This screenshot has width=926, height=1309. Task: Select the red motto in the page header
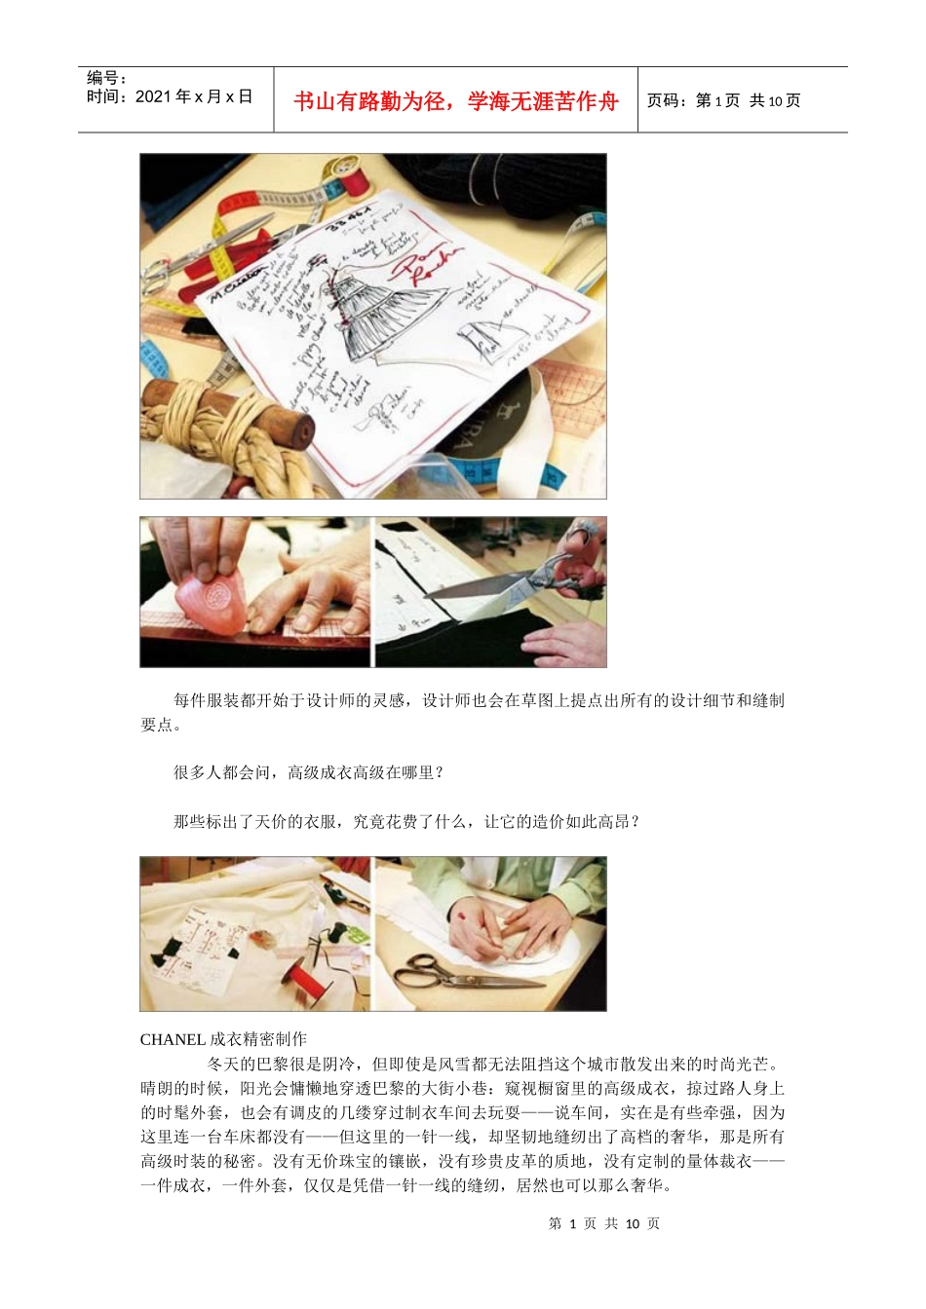pyautogui.click(x=456, y=101)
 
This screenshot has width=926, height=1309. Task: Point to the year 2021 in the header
pyautogui.click(x=153, y=96)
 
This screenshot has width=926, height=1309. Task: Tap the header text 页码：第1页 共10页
pyautogui.click(x=724, y=101)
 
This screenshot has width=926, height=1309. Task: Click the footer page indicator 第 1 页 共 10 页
pyautogui.click(x=604, y=1223)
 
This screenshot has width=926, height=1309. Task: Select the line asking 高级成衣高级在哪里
pyautogui.click(x=309, y=772)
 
